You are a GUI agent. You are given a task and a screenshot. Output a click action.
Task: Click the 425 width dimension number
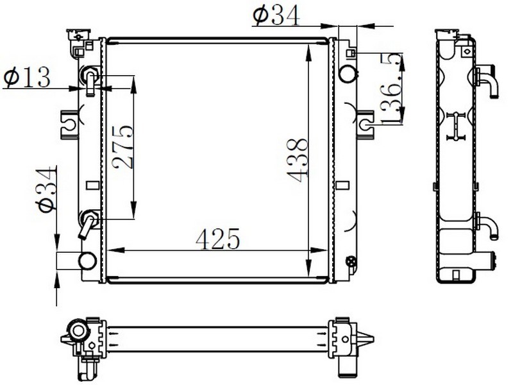218,239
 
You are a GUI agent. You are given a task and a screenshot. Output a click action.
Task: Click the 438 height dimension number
298,160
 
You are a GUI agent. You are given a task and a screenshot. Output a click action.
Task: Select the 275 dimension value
123,147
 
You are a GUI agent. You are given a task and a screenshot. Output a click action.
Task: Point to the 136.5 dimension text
391,89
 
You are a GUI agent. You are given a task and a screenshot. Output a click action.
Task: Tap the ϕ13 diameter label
27,77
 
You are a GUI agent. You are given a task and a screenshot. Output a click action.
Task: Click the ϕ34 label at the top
276,16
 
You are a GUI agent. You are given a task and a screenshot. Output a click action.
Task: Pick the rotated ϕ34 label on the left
46,190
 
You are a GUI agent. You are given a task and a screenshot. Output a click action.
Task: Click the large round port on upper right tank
348,73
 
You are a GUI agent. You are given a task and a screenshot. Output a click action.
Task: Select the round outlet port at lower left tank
87,261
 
